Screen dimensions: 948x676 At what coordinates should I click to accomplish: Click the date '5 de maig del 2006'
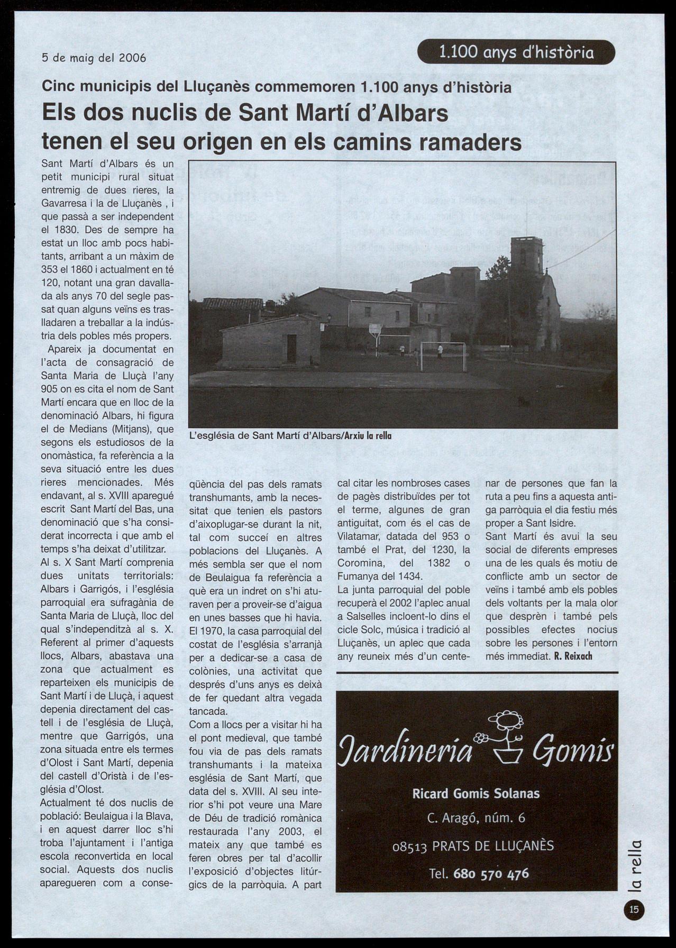(94, 57)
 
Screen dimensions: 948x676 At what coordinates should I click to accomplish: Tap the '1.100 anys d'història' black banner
(516, 52)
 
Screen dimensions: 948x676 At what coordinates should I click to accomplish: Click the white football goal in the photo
(443, 356)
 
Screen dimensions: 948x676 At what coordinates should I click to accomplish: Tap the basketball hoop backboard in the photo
(375, 329)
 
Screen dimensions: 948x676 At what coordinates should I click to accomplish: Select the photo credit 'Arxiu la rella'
(368, 436)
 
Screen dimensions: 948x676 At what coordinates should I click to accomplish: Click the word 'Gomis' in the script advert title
(573, 750)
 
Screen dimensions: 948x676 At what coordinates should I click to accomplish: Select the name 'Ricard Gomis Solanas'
(476, 794)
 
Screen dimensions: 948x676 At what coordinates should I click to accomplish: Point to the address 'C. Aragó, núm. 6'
(476, 818)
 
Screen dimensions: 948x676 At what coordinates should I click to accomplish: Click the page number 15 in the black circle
(634, 910)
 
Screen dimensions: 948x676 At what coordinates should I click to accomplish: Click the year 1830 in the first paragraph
(67, 230)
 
